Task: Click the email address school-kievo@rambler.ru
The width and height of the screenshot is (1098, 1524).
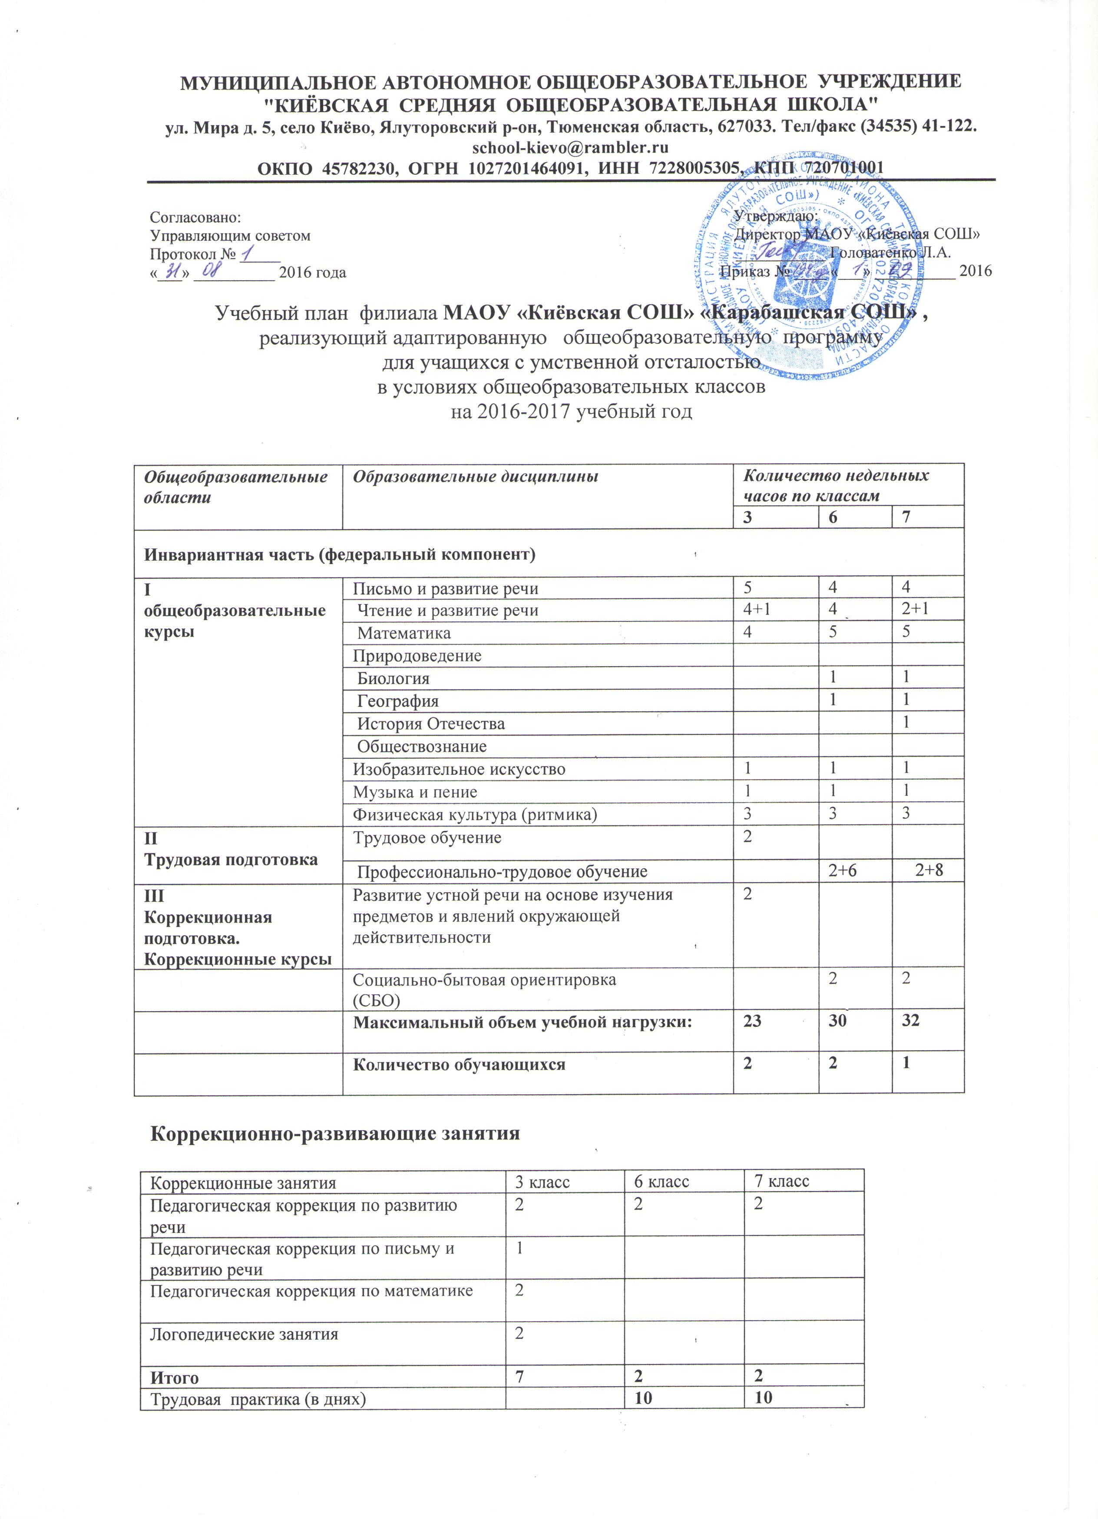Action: point(570,146)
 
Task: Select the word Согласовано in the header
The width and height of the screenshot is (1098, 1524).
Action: point(195,218)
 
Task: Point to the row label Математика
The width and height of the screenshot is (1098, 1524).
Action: point(403,633)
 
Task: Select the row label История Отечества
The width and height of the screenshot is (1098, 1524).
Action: point(430,724)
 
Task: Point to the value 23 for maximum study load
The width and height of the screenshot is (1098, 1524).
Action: point(752,1021)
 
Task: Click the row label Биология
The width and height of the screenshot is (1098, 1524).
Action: point(393,679)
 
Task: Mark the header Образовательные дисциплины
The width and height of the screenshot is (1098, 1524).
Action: point(476,476)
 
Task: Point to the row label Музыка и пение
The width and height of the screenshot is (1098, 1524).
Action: point(415,792)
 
